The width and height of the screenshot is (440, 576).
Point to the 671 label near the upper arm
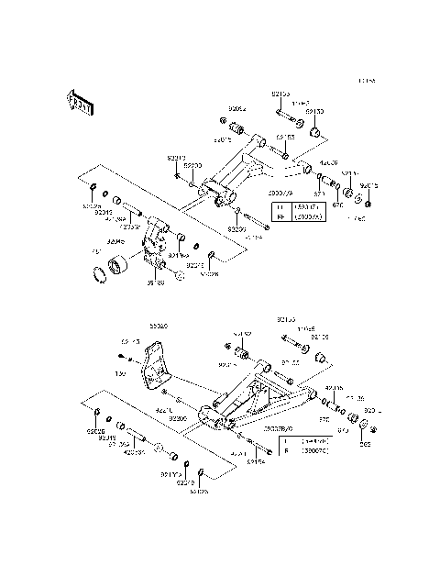pos(320,194)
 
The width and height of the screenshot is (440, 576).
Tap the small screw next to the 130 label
pos(121,358)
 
